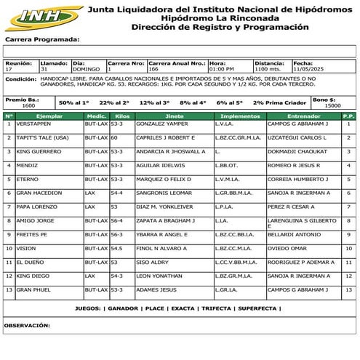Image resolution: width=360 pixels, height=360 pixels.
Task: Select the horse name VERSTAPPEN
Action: tap(33, 124)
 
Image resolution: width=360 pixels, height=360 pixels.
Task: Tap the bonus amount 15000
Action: tap(332, 105)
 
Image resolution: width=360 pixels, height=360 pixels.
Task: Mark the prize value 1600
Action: tap(28, 105)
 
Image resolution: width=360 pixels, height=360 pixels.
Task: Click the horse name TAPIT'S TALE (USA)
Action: tap(42, 137)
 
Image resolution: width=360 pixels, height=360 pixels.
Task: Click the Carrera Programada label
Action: tap(41, 40)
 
